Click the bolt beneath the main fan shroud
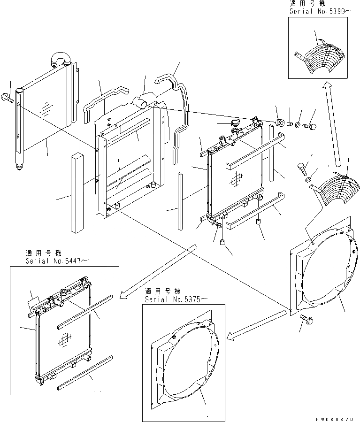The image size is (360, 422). coord(307,321)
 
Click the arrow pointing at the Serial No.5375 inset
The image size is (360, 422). coord(256,324)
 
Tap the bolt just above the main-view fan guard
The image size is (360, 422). coord(303,166)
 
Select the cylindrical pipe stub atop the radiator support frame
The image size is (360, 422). coord(141,100)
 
